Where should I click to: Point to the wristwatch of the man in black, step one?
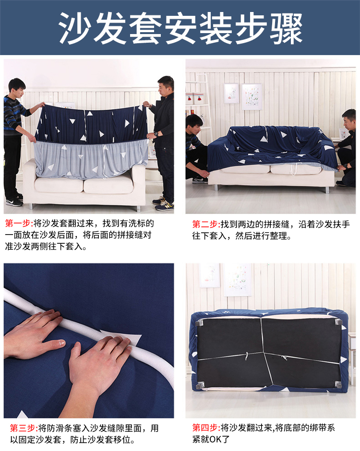point(156,134)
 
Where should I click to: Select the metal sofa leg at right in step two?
point(326,189)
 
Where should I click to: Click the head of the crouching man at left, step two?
point(194,124)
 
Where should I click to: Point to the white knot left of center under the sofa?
point(247,356)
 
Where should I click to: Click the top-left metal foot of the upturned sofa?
point(199,323)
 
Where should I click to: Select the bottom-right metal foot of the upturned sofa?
point(338,384)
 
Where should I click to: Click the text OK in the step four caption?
point(215,439)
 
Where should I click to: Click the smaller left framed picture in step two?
point(231,93)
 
